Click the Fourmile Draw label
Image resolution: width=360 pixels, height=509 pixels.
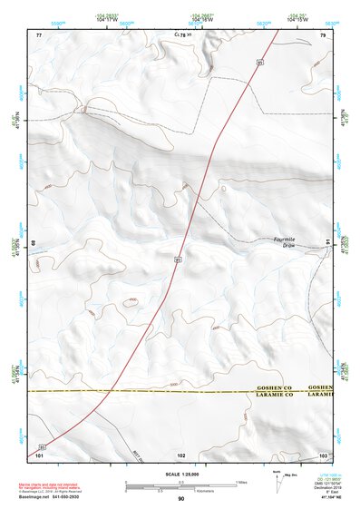click(285, 242)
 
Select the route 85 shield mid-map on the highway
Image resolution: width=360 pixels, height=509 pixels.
click(179, 259)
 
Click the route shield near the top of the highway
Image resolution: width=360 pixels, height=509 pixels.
click(259, 63)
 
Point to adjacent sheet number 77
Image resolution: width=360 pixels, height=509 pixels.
click(39, 34)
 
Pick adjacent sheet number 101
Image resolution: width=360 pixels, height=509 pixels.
click(39, 454)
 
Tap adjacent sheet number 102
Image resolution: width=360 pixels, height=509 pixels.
click(180, 454)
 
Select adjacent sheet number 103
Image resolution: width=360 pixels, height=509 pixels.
click(322, 454)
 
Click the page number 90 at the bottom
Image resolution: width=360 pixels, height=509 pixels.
click(180, 499)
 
